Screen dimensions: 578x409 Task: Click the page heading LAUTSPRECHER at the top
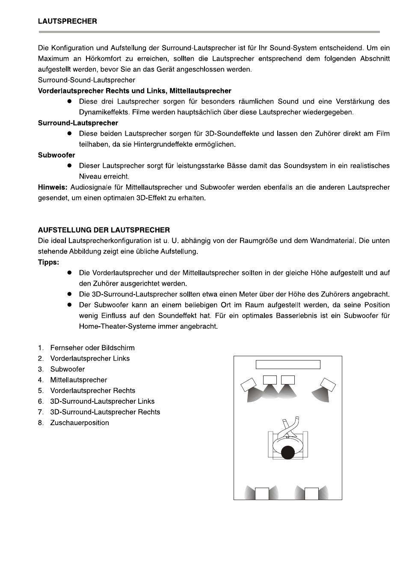point(67,21)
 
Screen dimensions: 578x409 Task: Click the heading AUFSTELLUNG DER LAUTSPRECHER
point(104,230)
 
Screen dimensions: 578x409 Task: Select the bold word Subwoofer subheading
point(56,155)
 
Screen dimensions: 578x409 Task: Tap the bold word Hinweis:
point(53,187)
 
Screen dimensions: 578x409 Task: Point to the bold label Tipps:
point(48,262)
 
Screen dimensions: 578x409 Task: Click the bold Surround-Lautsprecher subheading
point(78,123)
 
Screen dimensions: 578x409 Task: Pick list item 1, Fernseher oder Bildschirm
point(92,348)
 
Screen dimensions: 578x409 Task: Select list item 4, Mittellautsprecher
point(78,380)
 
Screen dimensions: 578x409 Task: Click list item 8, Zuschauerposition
point(79,423)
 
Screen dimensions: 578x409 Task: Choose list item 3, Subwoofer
point(67,369)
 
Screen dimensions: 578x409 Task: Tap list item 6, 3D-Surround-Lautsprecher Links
point(102,401)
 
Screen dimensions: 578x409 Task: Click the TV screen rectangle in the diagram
point(288,364)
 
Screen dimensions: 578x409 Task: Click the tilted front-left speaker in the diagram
point(249,384)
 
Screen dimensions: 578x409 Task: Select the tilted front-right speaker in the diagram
point(328,384)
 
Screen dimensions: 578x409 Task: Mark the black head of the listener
point(288,452)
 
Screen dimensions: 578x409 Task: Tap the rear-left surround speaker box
point(262,494)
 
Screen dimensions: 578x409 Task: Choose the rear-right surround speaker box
point(311,494)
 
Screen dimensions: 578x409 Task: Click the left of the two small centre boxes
point(270,380)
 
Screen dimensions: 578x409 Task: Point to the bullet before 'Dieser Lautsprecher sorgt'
point(68,166)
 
